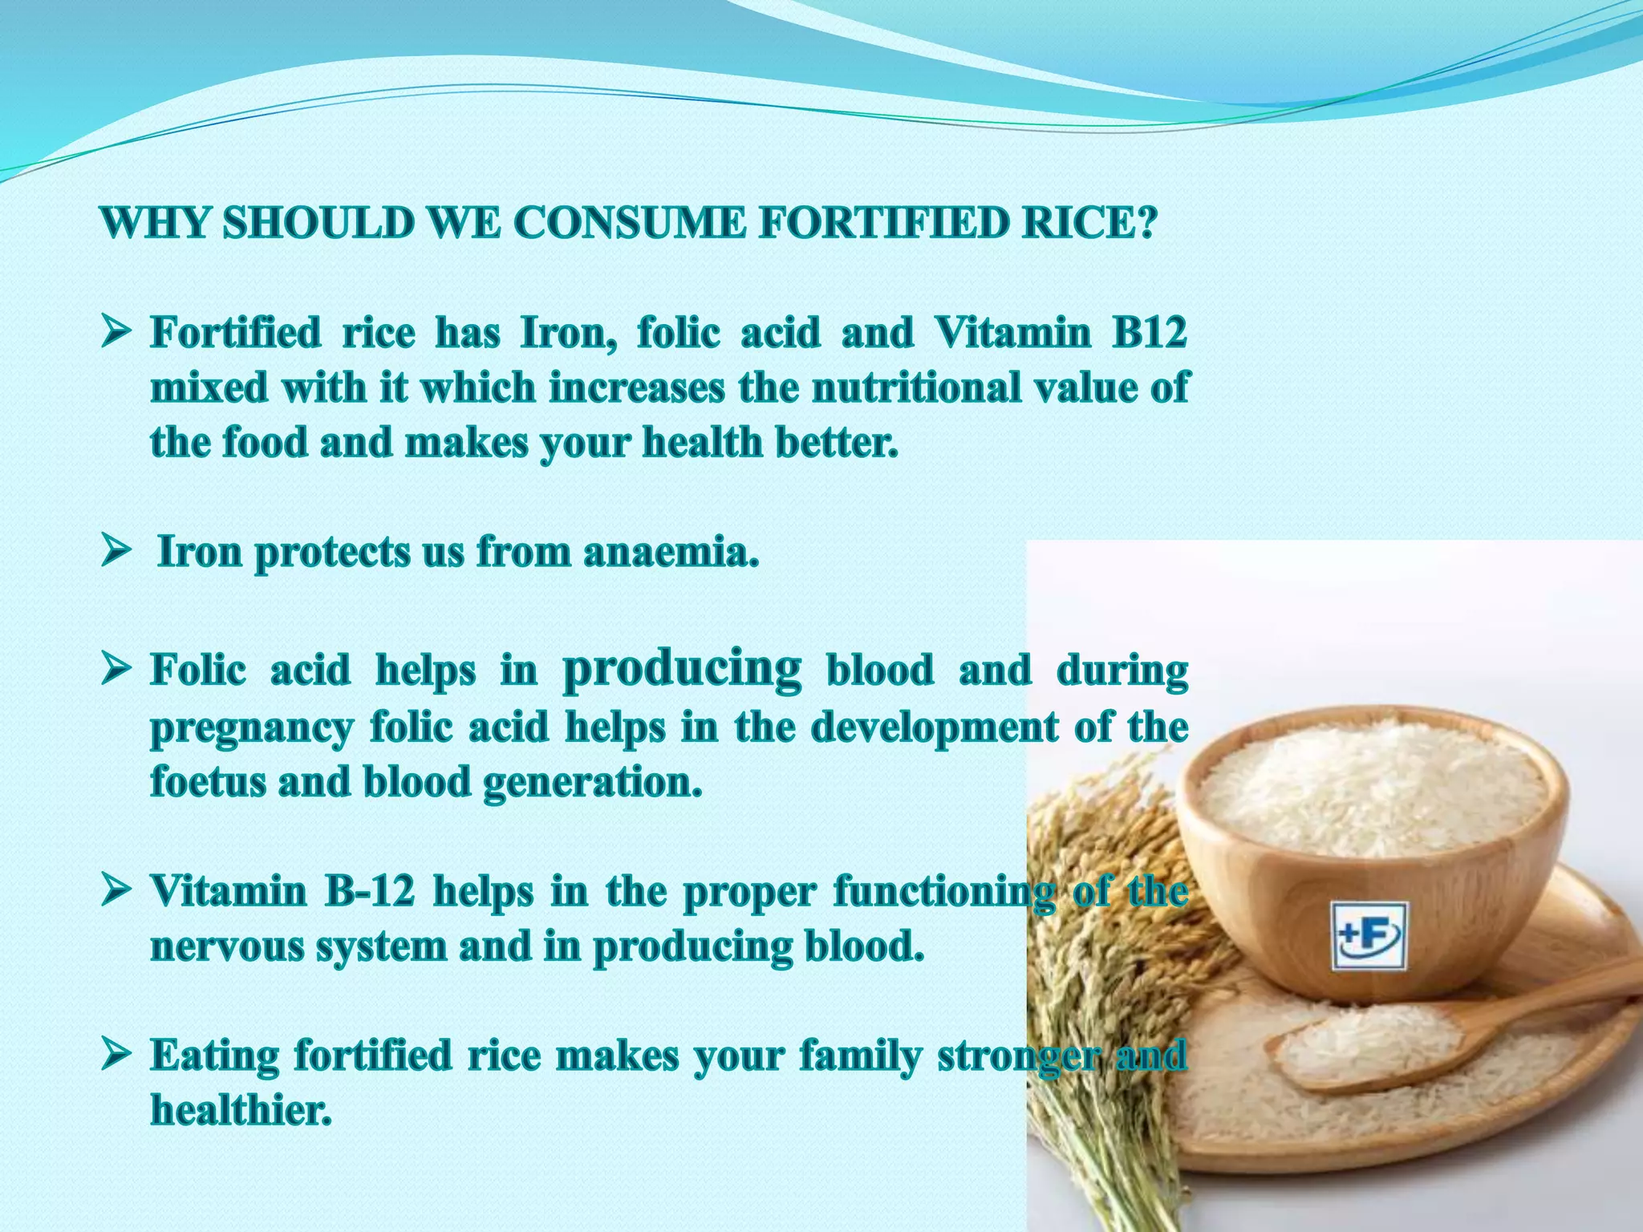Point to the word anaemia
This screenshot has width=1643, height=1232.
coord(671,552)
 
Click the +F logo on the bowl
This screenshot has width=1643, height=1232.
coord(1369,936)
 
